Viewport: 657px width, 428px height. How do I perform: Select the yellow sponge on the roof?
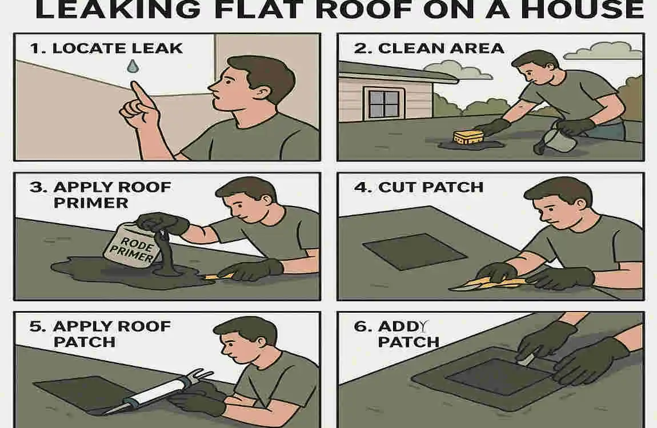(x=466, y=138)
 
